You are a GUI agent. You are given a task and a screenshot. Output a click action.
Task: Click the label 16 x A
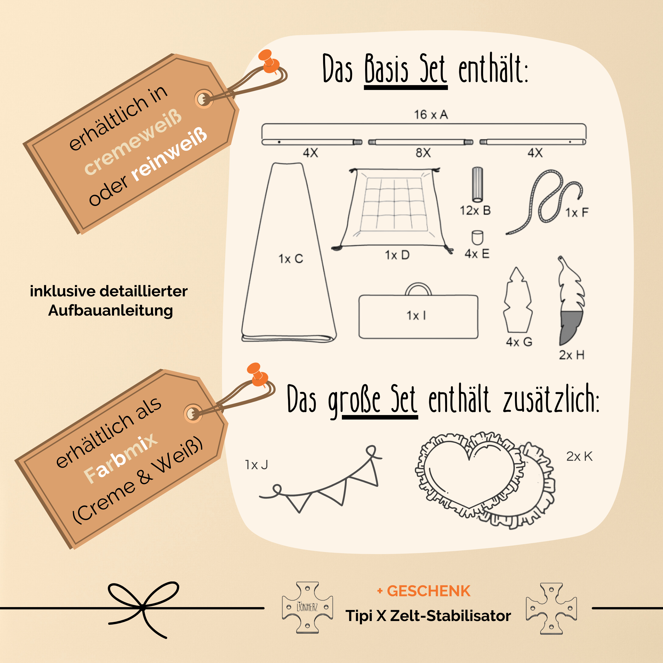tap(431, 115)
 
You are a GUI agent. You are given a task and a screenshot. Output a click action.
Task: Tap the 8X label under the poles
tap(423, 153)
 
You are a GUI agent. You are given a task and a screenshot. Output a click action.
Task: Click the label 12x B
tap(475, 210)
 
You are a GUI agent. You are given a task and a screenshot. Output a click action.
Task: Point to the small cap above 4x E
tap(477, 238)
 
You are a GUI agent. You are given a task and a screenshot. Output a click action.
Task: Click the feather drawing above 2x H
tap(571, 300)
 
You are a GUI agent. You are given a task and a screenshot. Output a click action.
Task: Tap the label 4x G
tap(519, 342)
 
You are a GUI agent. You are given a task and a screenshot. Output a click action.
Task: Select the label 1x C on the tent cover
tap(291, 259)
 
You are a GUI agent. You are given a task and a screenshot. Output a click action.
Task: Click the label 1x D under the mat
tap(397, 255)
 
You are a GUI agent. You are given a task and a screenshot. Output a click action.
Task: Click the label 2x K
tap(579, 456)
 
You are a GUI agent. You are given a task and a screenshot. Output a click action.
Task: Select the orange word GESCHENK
tap(428, 591)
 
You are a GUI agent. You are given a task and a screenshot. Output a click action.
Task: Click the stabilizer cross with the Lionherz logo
tap(307, 607)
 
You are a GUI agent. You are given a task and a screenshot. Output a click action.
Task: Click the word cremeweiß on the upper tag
tap(133, 142)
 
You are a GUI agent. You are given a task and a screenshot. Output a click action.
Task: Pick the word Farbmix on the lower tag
tap(121, 458)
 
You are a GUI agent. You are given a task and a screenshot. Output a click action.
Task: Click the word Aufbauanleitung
tap(110, 311)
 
